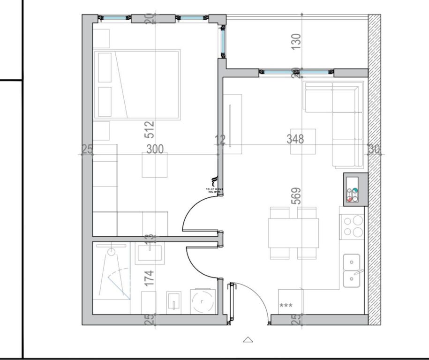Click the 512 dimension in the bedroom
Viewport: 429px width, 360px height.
[150, 130]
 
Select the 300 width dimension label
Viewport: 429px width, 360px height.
[155, 150]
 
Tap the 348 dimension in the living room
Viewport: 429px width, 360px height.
[295, 139]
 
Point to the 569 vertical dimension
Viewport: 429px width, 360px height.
[296, 196]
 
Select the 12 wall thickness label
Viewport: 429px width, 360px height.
[220, 140]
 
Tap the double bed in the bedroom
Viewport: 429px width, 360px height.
[137, 84]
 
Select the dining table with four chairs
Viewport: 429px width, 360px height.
[294, 233]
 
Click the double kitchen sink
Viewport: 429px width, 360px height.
[352, 270]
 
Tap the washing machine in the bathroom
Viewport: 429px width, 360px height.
[203, 301]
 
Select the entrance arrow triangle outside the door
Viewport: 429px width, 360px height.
[248, 339]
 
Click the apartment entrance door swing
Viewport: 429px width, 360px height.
[251, 300]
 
